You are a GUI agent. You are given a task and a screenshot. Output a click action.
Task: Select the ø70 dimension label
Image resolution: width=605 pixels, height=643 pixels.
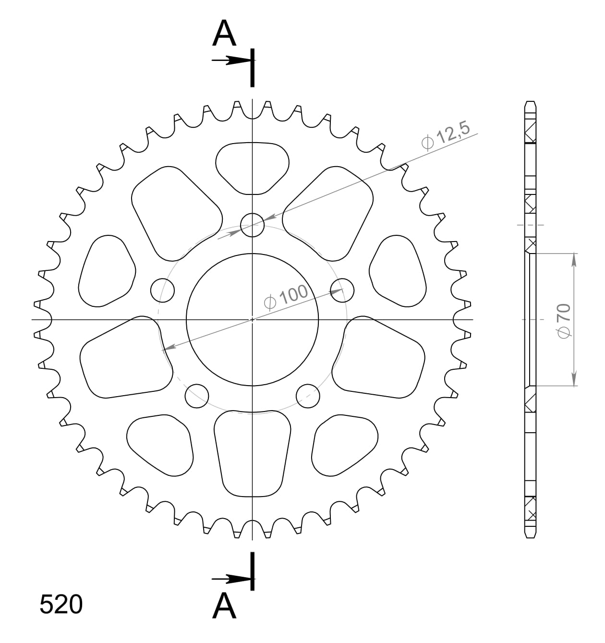(564, 320)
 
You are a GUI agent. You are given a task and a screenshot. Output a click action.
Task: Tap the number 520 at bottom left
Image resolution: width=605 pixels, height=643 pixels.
(61, 605)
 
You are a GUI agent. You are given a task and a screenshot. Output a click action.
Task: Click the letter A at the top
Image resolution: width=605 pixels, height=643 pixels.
(224, 34)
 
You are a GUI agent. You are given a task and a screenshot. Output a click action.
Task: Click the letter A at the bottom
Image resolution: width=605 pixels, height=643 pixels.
(224, 606)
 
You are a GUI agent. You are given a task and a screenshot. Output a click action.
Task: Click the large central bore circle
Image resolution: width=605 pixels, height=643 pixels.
(252, 319)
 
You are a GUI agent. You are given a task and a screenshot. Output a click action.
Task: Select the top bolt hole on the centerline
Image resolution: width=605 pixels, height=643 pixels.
(252, 225)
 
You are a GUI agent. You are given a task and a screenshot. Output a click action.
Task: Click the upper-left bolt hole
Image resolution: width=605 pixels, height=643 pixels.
(162, 290)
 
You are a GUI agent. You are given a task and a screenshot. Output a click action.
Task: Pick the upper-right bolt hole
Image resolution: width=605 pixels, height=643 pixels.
(342, 290)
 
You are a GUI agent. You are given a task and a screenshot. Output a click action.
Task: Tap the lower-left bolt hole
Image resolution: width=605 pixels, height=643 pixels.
(196, 395)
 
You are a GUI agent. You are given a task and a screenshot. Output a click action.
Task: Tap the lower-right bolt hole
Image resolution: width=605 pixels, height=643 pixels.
(308, 395)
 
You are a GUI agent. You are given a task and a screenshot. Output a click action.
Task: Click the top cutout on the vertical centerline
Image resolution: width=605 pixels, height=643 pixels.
(252, 167)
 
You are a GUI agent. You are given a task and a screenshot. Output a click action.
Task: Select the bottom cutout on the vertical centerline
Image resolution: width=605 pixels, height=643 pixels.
(252, 452)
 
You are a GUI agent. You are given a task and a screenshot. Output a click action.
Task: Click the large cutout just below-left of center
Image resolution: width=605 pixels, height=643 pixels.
(126, 358)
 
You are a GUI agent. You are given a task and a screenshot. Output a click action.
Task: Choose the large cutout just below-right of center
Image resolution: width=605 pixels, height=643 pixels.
(379, 358)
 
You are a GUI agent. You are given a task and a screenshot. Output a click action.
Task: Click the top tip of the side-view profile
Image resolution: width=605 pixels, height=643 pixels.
(530, 102)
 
